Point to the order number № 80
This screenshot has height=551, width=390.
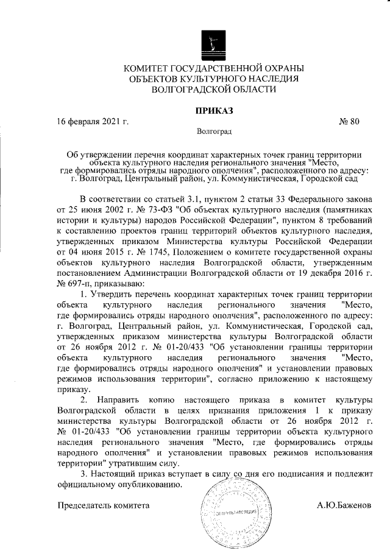349,121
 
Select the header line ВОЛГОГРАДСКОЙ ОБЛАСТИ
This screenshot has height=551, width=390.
213,89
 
